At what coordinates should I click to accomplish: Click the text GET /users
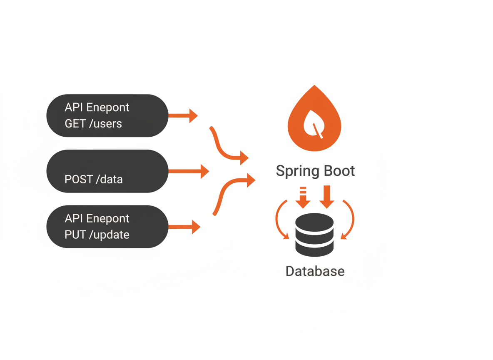point(93,123)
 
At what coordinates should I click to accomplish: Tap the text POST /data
point(94,180)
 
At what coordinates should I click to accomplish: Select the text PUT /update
point(97,235)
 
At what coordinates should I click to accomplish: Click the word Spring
point(297,171)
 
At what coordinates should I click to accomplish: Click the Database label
point(315,271)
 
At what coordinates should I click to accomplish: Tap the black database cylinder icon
point(314,235)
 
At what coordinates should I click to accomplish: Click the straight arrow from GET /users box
point(183,115)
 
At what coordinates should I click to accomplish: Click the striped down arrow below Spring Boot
point(303,197)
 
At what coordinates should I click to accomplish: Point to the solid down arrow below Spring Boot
point(327,197)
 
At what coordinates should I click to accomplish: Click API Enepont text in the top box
point(97,107)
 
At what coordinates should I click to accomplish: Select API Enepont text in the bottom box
point(97,218)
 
